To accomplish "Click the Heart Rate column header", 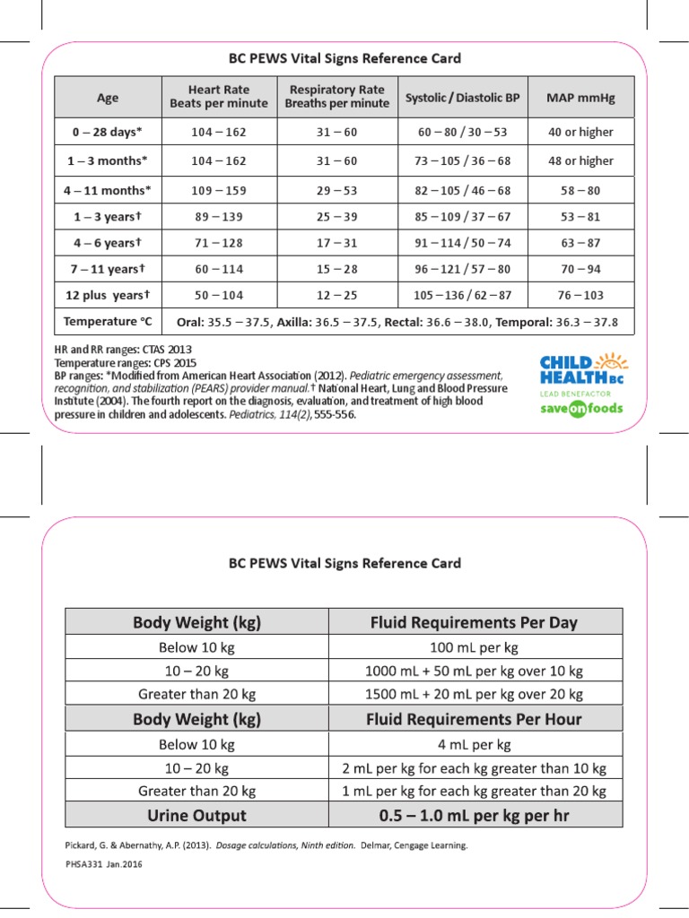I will click(x=219, y=96).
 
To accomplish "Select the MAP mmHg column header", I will click(x=580, y=96).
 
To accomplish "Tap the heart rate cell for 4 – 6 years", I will click(x=219, y=243).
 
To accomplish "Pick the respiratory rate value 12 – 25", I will click(x=337, y=294).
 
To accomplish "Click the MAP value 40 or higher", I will click(x=580, y=132).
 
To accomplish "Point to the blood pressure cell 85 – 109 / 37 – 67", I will click(x=462, y=216).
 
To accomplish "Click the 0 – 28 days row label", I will click(x=108, y=132).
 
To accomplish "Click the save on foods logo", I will click(x=581, y=408).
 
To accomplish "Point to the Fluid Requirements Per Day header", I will click(x=475, y=622).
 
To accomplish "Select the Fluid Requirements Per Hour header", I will click(x=475, y=719).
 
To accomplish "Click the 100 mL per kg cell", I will click(x=475, y=647).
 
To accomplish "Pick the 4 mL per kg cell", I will click(x=475, y=744).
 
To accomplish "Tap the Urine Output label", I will click(x=196, y=815).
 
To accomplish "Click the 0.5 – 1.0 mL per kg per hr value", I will click(x=475, y=815).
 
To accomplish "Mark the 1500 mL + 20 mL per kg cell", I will click(x=475, y=694).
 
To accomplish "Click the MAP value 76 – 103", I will click(x=580, y=294).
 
